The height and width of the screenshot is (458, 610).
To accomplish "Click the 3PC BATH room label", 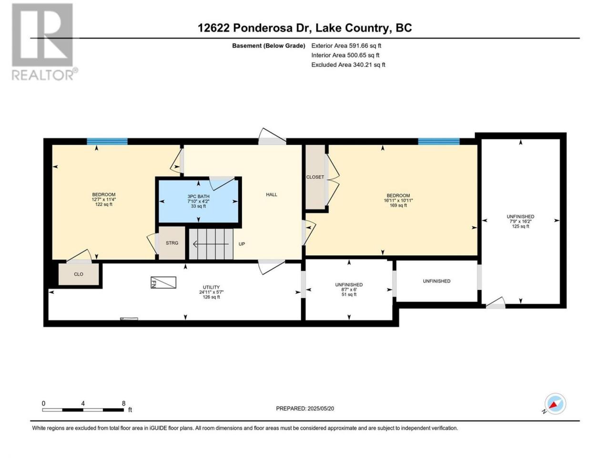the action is click(x=198, y=197).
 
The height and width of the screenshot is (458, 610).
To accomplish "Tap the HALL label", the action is click(x=271, y=195).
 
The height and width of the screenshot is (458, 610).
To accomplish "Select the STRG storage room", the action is click(x=172, y=243).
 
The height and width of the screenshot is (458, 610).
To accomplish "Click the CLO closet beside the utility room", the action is click(x=79, y=274).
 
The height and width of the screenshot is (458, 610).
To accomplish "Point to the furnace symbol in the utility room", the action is click(x=163, y=282).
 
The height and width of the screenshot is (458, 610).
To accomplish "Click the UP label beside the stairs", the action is click(x=242, y=244).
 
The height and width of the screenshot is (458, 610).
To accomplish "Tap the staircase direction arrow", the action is click(x=211, y=244).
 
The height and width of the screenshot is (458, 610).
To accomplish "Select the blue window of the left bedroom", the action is click(x=107, y=142).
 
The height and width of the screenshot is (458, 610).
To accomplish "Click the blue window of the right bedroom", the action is click(x=438, y=142).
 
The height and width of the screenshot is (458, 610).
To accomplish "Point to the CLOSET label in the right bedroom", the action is click(x=315, y=177).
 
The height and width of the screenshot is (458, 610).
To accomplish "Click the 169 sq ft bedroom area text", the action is click(x=398, y=206).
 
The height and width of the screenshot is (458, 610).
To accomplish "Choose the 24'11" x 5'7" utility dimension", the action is click(x=211, y=292).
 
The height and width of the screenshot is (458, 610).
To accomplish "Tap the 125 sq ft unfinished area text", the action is click(x=520, y=226).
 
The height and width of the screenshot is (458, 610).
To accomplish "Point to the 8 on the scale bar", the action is click(x=123, y=403).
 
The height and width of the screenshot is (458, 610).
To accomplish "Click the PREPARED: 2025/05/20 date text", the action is click(x=305, y=408).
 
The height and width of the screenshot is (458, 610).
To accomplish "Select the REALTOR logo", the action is click(x=44, y=42).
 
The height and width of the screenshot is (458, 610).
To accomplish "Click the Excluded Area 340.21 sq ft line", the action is click(x=348, y=65).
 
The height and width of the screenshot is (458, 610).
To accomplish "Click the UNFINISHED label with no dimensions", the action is click(x=437, y=281).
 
